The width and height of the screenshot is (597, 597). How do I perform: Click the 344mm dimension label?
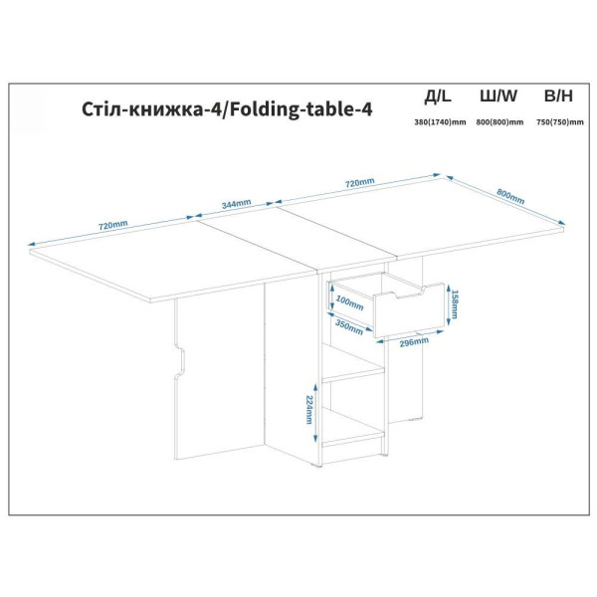(x=236, y=204)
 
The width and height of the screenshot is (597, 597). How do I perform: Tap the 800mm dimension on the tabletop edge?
(x=510, y=196)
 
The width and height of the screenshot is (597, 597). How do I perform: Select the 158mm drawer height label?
(x=455, y=304)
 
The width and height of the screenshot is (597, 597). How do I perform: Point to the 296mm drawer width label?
(x=414, y=342)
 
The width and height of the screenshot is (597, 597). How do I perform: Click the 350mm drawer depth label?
(x=349, y=327)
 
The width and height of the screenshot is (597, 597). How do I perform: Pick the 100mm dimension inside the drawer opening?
(x=350, y=303)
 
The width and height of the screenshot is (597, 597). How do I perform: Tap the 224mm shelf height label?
(x=309, y=410)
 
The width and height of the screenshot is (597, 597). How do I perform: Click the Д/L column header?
(x=438, y=97)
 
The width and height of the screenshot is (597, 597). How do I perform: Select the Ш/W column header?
(x=498, y=96)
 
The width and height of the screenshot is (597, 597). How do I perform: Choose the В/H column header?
(x=558, y=96)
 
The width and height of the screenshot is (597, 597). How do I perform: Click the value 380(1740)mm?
(x=440, y=122)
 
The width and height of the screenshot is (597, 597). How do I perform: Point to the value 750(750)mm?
(x=559, y=122)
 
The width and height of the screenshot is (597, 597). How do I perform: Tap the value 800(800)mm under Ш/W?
(x=499, y=122)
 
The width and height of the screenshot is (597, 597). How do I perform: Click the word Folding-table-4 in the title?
(x=301, y=109)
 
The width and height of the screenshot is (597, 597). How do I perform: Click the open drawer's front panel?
(x=410, y=311)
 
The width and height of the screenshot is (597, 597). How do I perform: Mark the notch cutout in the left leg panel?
(x=179, y=360)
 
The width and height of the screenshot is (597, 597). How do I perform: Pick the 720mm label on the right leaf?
(x=360, y=183)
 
